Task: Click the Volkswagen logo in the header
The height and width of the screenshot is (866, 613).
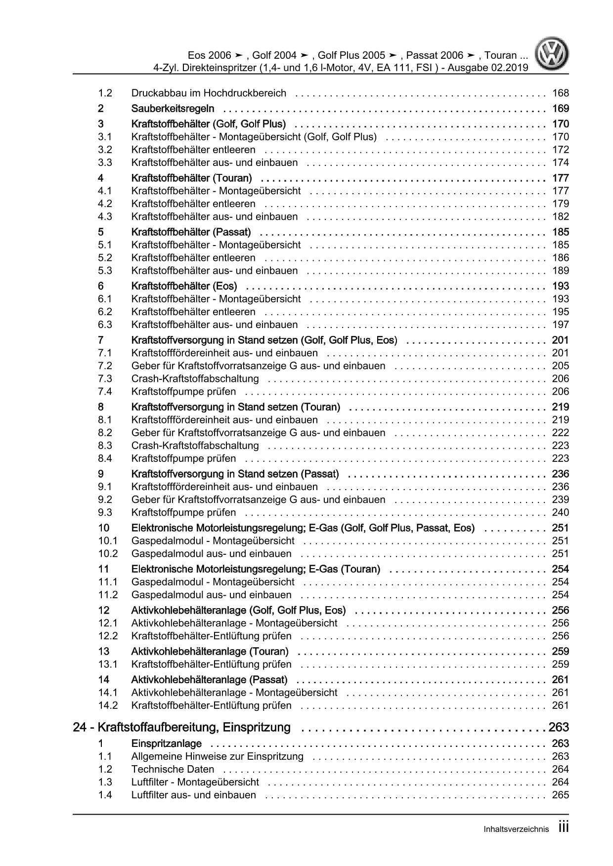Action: point(554,55)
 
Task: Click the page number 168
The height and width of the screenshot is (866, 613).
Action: point(561,93)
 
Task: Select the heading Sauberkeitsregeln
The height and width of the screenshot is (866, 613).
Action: point(173,109)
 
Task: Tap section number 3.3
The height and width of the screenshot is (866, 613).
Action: point(105,163)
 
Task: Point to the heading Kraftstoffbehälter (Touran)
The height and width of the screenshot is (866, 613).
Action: point(192,178)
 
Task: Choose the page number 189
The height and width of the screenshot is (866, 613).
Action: point(561,270)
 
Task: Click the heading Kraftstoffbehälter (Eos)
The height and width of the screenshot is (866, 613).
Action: point(184,286)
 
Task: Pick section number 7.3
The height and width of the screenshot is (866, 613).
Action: point(105,378)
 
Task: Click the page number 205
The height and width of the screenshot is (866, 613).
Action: point(561,366)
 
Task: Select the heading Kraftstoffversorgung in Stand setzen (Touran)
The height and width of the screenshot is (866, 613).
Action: point(236,407)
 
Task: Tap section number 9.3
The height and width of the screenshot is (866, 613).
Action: point(105,512)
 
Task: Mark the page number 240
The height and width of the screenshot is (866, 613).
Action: point(561,512)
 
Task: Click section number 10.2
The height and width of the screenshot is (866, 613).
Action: point(108,554)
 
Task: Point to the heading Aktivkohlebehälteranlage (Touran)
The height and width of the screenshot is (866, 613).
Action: point(210,651)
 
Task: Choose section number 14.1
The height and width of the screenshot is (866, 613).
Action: point(108,693)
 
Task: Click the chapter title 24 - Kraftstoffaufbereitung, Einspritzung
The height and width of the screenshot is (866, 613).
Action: point(181,727)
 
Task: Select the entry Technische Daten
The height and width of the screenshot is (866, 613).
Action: point(173,769)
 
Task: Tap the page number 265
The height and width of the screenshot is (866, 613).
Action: point(561,795)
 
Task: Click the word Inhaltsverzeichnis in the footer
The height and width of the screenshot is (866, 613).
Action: point(516,829)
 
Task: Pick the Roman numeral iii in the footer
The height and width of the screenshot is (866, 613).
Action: point(563,827)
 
